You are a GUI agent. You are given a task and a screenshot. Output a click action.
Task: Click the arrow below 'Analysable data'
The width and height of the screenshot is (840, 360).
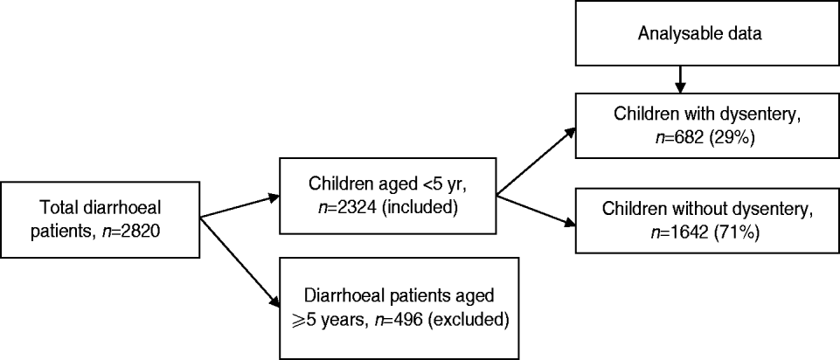[x=678, y=76]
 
